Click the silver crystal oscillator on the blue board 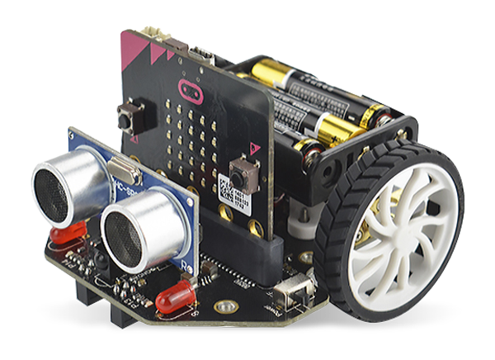pos(130,170)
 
